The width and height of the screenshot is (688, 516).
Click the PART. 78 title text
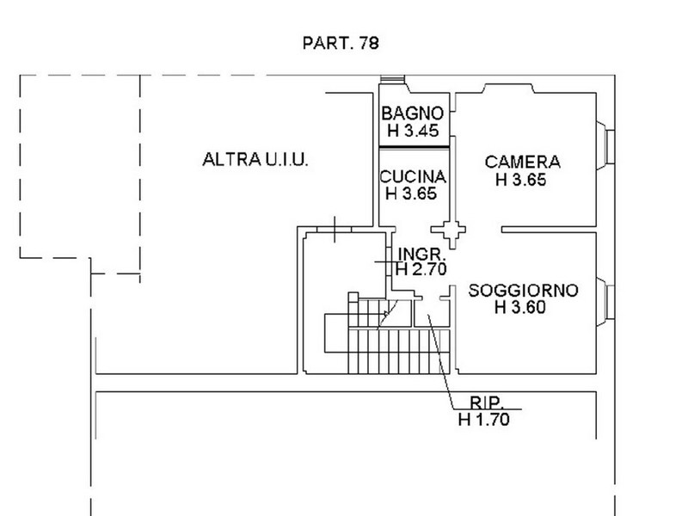341,43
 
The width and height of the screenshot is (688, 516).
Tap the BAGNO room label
413,114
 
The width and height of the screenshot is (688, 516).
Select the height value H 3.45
413,131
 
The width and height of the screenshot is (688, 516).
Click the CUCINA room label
413,177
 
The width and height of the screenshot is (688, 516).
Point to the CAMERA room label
523,162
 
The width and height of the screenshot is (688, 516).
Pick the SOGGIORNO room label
523,291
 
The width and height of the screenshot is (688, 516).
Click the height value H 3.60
520,307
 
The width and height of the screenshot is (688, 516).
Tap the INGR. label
421,254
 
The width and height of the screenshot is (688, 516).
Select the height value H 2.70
421,269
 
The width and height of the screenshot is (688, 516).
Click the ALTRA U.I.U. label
255,159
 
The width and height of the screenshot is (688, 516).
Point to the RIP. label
486,402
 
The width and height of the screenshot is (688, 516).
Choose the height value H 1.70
484,420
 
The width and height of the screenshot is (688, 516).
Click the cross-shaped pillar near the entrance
448,230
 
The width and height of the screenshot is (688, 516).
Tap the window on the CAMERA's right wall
606,146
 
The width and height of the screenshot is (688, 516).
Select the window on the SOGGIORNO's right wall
606,302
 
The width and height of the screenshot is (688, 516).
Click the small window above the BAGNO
392,79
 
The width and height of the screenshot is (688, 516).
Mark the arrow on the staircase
388,313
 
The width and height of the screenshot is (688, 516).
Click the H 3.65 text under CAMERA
521,180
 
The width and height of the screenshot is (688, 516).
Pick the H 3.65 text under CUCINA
411,193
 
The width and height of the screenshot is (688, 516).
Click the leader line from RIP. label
441,362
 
